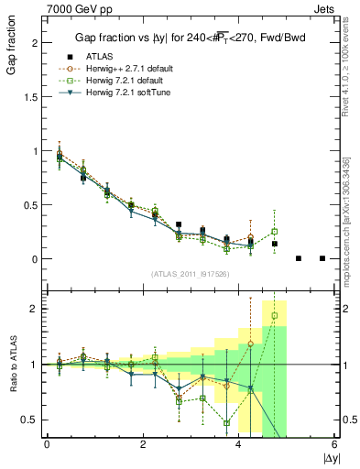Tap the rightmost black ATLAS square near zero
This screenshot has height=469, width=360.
[322, 258]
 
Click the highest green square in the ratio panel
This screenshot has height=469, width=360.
[274, 316]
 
